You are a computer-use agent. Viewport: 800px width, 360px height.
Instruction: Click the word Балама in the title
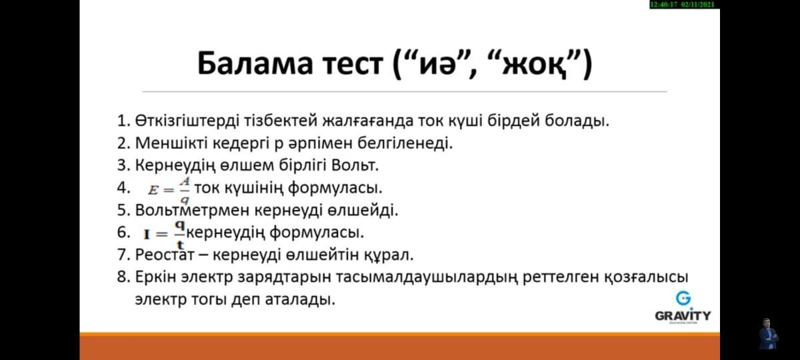click(255, 63)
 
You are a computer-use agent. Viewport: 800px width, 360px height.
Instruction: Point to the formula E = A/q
click(169, 189)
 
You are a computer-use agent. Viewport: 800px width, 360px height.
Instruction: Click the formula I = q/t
click(164, 235)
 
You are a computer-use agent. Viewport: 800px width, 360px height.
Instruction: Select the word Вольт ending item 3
click(355, 165)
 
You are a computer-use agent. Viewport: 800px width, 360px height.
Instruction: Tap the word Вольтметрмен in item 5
click(192, 210)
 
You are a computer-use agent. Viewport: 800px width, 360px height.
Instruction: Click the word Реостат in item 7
click(165, 255)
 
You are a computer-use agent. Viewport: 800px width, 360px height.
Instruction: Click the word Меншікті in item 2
click(171, 143)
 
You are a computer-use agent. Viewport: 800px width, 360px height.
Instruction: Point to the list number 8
click(123, 277)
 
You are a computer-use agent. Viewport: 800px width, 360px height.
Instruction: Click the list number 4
click(123, 188)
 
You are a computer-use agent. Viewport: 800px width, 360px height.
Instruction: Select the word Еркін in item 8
click(156, 277)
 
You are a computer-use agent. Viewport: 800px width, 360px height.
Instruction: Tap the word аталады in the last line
click(300, 299)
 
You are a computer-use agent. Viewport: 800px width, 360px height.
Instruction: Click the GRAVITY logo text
click(683, 316)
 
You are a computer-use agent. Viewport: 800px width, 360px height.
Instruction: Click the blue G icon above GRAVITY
click(683, 298)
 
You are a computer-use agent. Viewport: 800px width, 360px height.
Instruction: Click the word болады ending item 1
click(577, 121)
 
